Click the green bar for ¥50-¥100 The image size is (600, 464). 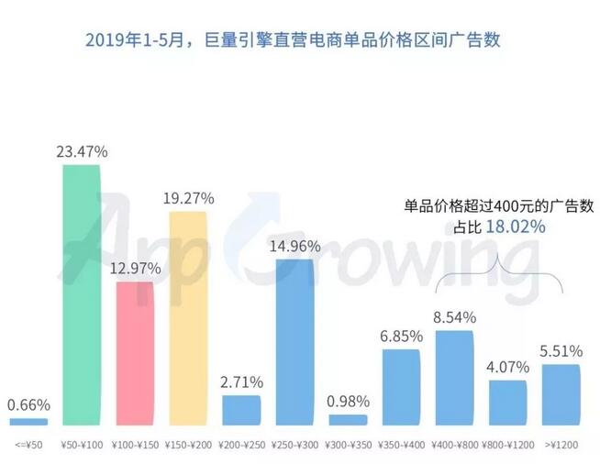pos(82,293)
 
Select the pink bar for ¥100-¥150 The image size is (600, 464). pos(135,353)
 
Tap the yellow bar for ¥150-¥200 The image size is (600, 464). pos(188,316)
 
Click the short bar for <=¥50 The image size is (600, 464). pos(28,422)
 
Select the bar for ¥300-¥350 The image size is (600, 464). pos(348,420)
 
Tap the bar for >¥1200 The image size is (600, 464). pos(561,394)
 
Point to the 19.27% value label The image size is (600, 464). pos(188,197)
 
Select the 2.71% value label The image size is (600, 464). pos(241,381)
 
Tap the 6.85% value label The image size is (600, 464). pos(401,336)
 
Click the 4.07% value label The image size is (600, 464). pos(507,365)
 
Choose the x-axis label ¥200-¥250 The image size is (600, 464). pos(241,446)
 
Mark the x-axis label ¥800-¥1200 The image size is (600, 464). pos(507,446)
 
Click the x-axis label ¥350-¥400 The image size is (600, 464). pos(401,446)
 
